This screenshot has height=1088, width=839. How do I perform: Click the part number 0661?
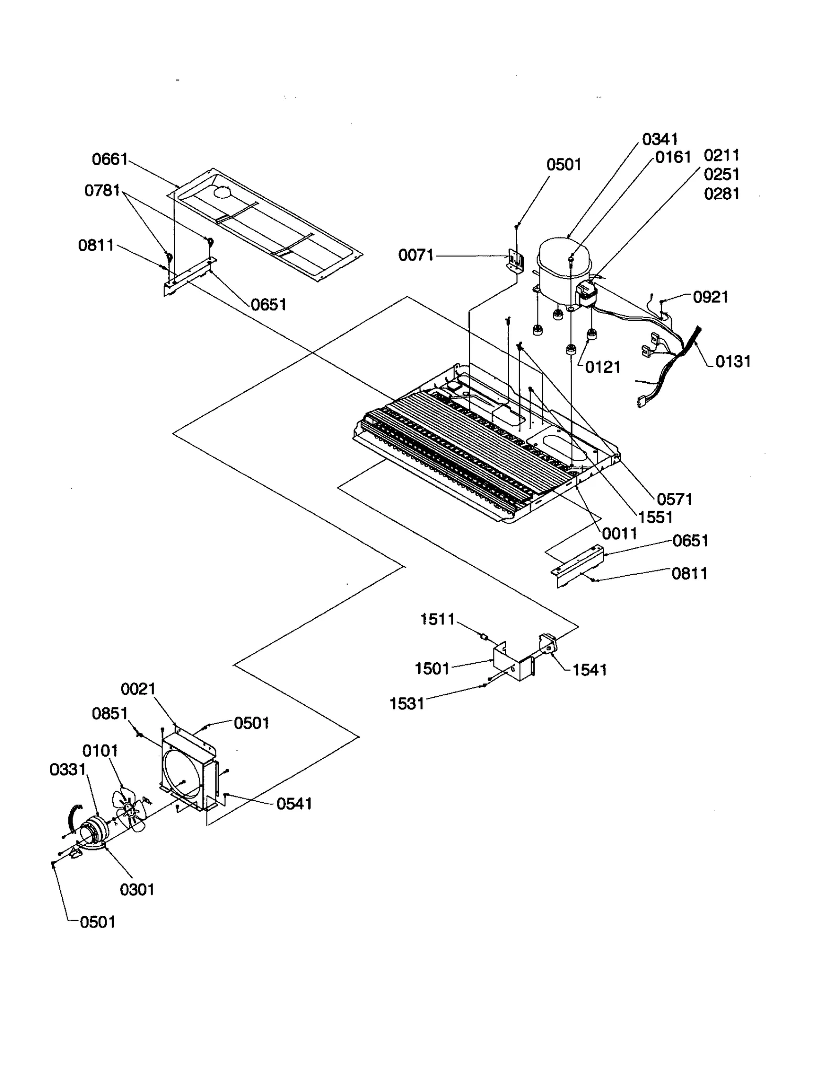[x=110, y=159]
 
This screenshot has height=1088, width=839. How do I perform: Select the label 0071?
[x=416, y=255]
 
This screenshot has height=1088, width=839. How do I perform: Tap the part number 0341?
[x=660, y=139]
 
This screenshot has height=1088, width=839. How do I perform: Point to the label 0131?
[x=733, y=361]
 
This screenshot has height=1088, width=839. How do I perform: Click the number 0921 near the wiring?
[x=711, y=297]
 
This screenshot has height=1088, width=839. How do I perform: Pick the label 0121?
[x=603, y=367]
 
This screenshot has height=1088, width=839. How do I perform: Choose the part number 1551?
[x=655, y=518]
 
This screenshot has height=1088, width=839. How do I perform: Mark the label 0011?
[x=619, y=534]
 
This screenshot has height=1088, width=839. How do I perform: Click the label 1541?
[x=589, y=670]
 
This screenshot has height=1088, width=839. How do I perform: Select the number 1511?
[x=437, y=619]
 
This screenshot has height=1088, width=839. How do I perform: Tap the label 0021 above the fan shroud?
[x=138, y=689]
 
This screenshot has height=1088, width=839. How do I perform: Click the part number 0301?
[x=137, y=889]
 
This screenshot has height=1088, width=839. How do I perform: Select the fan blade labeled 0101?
[x=128, y=810]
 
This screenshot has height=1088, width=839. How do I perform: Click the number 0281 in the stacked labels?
[x=722, y=194]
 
